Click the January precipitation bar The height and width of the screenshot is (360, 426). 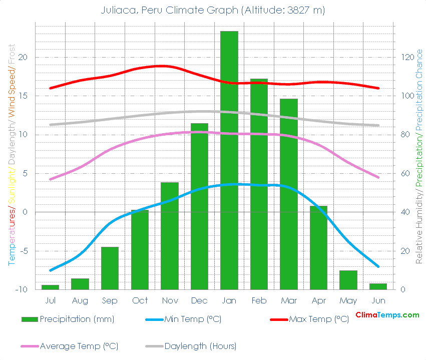point(229,160)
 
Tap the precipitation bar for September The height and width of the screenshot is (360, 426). point(110,268)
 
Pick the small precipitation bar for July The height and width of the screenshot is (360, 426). point(50,287)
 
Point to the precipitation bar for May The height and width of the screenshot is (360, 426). point(348,280)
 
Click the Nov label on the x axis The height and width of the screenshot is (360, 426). point(170,300)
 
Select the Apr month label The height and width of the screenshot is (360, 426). point(318,300)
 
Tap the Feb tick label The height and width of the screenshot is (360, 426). point(259,300)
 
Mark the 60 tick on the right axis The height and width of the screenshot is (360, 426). point(406,174)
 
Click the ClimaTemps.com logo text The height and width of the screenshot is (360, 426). point(387,315)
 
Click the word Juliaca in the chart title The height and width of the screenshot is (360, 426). point(117,10)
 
